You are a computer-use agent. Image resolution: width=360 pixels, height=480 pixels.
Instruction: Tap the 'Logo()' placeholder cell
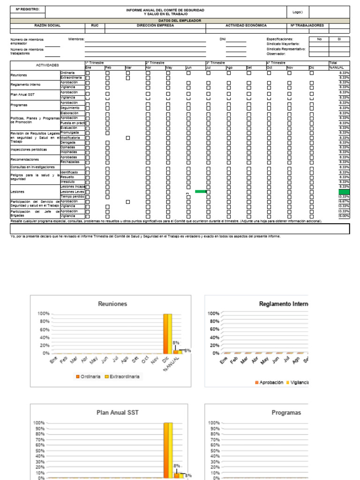click(x=298, y=12)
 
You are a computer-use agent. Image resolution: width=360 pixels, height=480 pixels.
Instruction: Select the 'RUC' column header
click(x=95, y=25)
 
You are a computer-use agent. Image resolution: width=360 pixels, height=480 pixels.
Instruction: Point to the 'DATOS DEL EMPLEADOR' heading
click(x=180, y=21)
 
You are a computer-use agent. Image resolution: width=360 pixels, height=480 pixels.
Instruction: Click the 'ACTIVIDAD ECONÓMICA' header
click(x=246, y=25)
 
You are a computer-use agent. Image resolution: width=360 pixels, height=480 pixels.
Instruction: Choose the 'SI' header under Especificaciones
click(x=339, y=39)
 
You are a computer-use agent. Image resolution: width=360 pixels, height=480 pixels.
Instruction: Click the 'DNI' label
click(x=223, y=39)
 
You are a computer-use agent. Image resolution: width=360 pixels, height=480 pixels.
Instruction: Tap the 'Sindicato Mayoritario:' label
click(x=283, y=44)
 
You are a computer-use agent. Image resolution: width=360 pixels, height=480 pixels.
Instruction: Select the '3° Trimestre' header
click(x=216, y=62)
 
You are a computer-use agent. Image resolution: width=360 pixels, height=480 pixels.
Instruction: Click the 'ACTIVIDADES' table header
click(x=47, y=65)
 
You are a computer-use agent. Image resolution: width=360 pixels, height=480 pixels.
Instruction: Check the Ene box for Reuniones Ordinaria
click(x=88, y=73)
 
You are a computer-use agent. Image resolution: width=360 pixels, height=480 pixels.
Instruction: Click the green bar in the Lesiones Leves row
click(x=200, y=191)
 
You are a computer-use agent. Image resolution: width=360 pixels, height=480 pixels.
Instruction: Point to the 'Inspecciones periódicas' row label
click(x=29, y=150)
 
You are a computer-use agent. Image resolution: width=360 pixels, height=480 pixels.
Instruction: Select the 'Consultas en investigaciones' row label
click(x=33, y=167)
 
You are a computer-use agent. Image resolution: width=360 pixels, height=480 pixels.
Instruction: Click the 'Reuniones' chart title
click(x=112, y=304)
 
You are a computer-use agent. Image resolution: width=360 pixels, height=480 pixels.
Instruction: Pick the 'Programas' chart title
click(x=286, y=412)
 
